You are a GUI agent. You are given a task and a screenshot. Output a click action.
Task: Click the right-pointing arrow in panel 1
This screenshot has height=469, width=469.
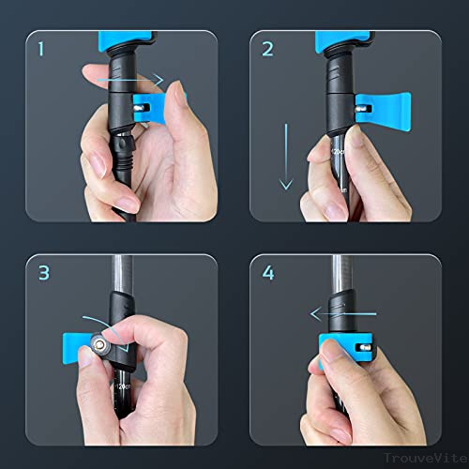pos(142,82)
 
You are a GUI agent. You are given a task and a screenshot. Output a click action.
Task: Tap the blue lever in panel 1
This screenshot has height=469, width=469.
pos(151,107)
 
